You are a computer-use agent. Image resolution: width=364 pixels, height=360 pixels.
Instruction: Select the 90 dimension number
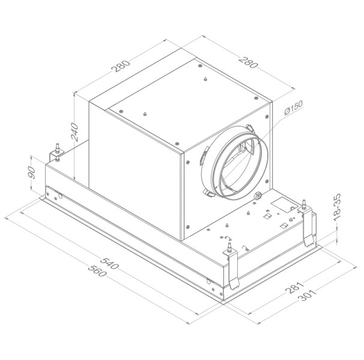click(32, 175)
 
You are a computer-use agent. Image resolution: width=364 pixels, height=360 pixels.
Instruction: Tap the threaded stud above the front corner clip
click(229, 246)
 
